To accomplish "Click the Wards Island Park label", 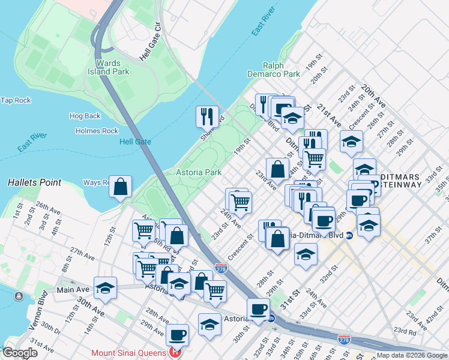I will [x=112, y=67].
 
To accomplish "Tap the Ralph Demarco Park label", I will [x=273, y=70].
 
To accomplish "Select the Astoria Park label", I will [x=198, y=172].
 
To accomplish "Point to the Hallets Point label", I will [x=34, y=182].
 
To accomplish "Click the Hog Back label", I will [x=85, y=116].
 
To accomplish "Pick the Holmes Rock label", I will [x=97, y=131].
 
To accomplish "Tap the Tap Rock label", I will [x=16, y=100].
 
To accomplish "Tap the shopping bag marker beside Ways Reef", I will [x=121, y=187].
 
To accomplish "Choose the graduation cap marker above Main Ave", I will [x=105, y=287].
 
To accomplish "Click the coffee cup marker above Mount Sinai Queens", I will [x=177, y=334].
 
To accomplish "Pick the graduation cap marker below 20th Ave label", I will [x=351, y=142].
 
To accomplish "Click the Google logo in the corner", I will [x=20, y=353].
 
